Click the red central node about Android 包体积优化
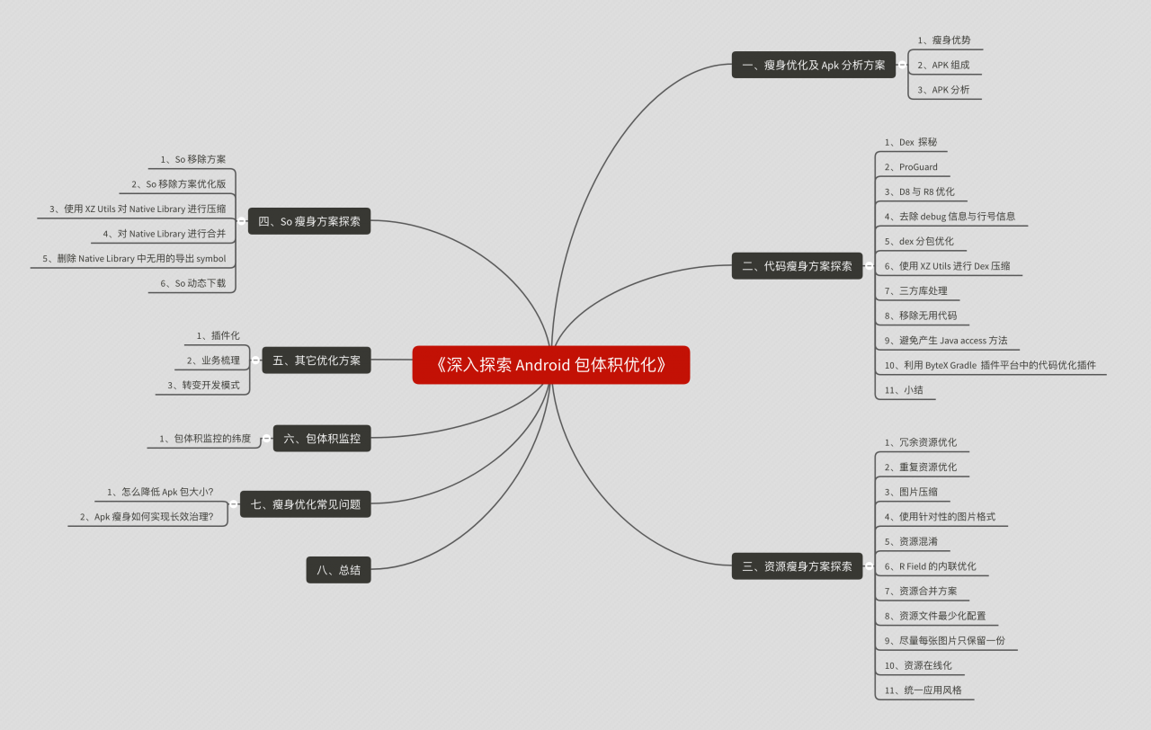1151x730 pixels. click(x=551, y=365)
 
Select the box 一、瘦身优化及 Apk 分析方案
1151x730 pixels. click(x=814, y=65)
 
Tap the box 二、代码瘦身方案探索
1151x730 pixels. click(x=797, y=265)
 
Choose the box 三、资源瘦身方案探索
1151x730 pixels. click(x=797, y=566)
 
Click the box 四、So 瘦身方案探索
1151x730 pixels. click(x=309, y=221)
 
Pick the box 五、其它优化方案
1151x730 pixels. click(x=317, y=361)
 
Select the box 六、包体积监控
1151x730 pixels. click(x=322, y=438)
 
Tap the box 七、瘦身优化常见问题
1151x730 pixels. click(x=306, y=504)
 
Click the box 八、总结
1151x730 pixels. click(x=339, y=570)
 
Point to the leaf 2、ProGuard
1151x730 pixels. click(x=911, y=167)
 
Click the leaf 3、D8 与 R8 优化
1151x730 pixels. click(x=920, y=191)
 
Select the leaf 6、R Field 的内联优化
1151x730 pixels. click(x=931, y=566)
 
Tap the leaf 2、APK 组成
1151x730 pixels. click(x=944, y=65)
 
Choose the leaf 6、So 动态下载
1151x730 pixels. click(x=193, y=283)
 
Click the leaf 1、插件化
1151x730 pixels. click(x=218, y=335)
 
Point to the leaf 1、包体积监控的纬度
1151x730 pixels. click(x=205, y=438)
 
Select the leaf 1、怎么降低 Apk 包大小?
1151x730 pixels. click(x=160, y=492)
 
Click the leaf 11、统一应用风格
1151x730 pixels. click(x=923, y=690)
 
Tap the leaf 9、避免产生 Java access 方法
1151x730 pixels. click(x=946, y=340)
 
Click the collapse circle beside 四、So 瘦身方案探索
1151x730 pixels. click(x=242, y=221)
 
